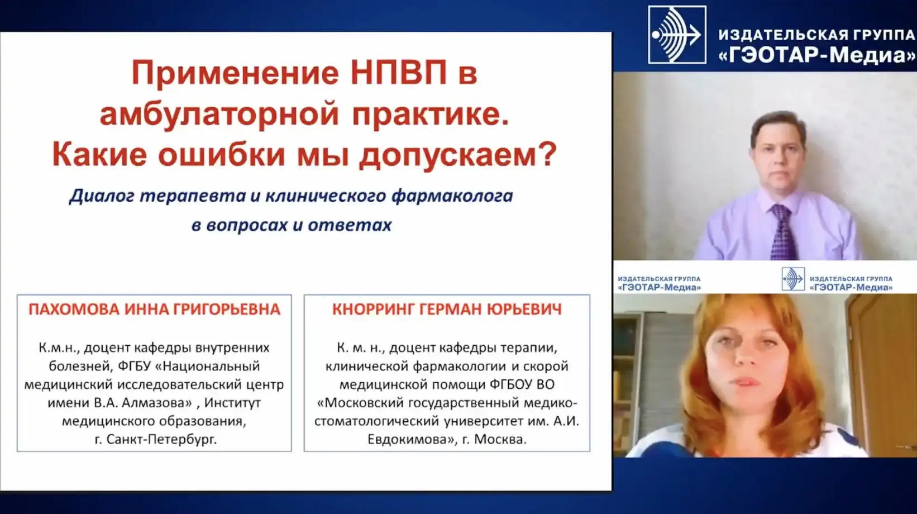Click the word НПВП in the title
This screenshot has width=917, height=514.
[399, 73]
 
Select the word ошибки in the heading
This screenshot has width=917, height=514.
[221, 154]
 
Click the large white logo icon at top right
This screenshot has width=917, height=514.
[677, 35]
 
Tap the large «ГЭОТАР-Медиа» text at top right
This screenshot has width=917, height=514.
[817, 55]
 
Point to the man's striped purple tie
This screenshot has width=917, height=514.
[783, 232]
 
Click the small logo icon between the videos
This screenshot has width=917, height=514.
[793, 279]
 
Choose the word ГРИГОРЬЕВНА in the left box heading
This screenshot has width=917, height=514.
[227, 310]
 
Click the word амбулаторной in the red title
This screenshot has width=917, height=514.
[219, 114]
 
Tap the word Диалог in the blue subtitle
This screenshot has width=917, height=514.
[102, 196]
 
